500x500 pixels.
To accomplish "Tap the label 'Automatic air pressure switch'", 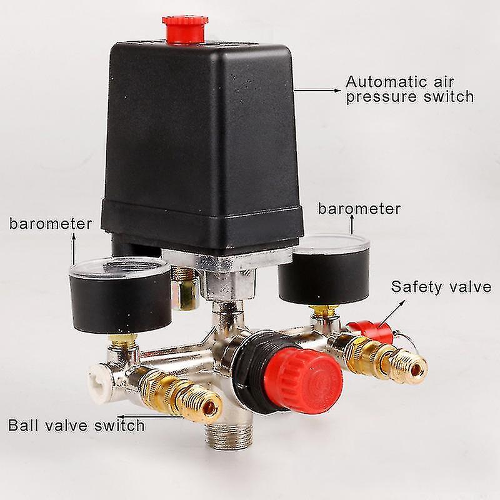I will coord(409,88).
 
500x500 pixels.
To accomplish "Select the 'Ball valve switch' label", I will coord(76,426).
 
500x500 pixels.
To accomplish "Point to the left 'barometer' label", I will coord(50,224).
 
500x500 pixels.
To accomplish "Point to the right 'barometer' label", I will coord(359,208).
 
